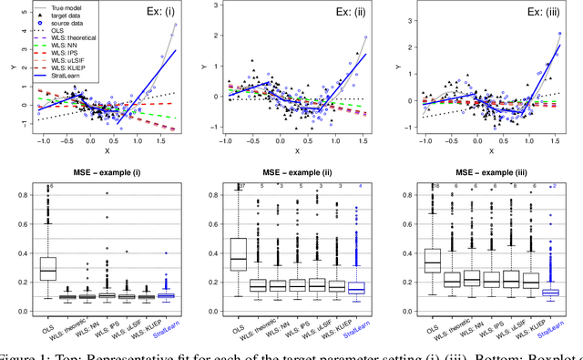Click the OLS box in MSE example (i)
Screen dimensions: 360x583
(48, 269)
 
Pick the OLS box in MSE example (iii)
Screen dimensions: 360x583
(432, 261)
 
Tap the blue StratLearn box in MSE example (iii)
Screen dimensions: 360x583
(550, 292)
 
